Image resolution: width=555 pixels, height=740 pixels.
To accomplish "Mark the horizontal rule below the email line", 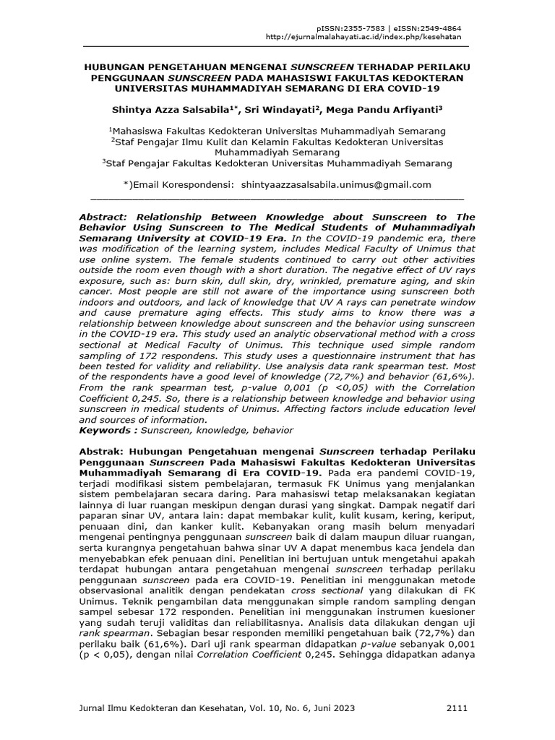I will coord(277,197).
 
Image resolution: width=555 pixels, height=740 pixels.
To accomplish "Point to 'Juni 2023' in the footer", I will coord(331,709).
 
